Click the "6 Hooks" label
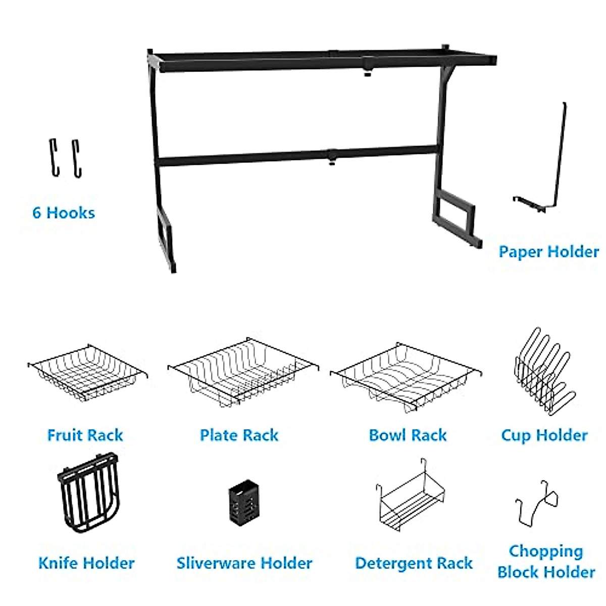[x=64, y=213]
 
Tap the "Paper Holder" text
[x=548, y=251]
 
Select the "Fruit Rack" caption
[x=85, y=435]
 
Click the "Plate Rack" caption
[x=239, y=435]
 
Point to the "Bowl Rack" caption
[x=408, y=435]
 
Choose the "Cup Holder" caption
[x=544, y=435]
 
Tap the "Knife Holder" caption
[x=86, y=563]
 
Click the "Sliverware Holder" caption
[x=244, y=563]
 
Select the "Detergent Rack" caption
[x=414, y=563]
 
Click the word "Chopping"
[x=545, y=551]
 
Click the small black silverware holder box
[x=245, y=503]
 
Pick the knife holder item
[x=88, y=492]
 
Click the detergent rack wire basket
[x=409, y=500]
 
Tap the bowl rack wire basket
[x=406, y=376]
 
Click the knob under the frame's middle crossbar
[x=331, y=163]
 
